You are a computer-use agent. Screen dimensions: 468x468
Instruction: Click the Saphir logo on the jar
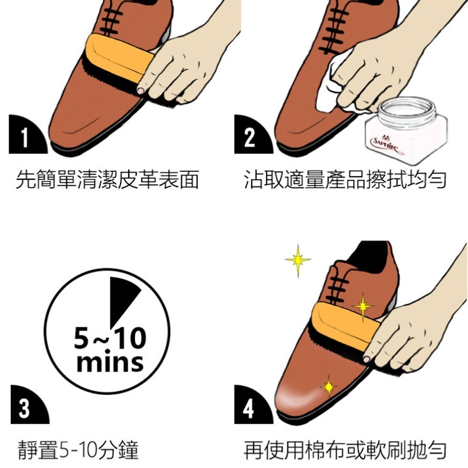point(387,145)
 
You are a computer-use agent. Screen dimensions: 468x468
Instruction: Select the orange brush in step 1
point(118,58)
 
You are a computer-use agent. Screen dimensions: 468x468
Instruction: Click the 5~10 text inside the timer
point(110,338)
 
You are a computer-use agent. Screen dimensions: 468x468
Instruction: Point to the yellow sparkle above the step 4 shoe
point(298,260)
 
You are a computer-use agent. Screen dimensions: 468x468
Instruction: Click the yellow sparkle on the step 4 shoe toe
point(329,387)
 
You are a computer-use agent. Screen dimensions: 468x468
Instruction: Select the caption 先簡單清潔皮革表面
point(107,180)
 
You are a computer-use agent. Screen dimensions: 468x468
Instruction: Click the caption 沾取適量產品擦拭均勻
point(345,180)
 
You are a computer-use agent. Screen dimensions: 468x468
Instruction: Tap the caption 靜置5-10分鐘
point(78,450)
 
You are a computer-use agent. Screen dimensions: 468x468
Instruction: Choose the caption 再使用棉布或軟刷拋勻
point(345,450)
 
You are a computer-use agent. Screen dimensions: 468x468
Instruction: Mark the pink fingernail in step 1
point(140,90)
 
